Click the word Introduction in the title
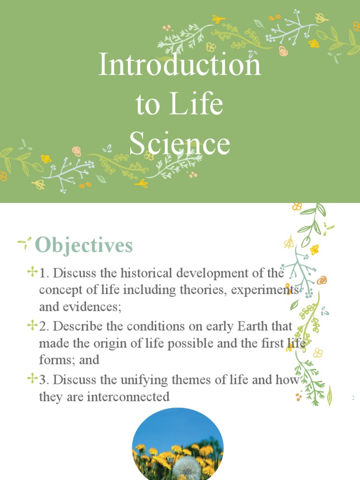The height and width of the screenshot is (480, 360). pyautogui.click(x=180, y=65)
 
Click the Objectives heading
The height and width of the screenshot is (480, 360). pyautogui.click(x=84, y=245)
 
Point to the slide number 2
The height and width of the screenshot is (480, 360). pyautogui.click(x=352, y=398)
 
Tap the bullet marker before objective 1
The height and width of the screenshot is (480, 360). pyautogui.click(x=32, y=271)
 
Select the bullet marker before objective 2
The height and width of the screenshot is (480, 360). pyautogui.click(x=32, y=324)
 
